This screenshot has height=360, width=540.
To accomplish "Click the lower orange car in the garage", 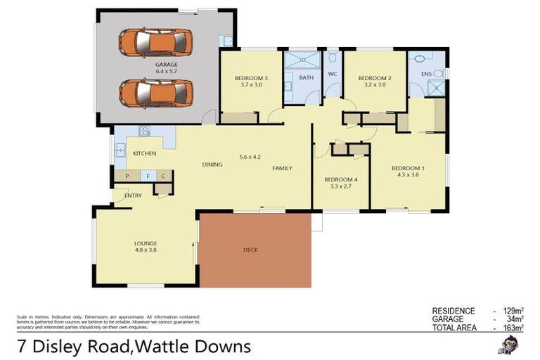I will point(155,92).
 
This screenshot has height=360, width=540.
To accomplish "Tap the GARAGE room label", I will point(166,65).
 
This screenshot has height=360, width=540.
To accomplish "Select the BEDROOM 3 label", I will point(251,78).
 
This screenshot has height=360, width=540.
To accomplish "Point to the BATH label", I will point(306,78).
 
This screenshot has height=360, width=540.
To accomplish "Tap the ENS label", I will point(426,73).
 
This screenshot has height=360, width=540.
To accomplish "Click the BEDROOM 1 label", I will point(408,168).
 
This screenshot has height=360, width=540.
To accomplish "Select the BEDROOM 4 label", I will point(341,180).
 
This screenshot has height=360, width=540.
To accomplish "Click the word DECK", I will point(251,250).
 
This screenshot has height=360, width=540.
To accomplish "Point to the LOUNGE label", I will point(146,243).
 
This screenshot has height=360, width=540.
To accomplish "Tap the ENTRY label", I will point(133,195).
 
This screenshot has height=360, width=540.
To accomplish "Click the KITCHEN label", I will point(144,153).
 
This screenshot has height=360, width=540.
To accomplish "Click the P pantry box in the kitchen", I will point(127,176).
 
